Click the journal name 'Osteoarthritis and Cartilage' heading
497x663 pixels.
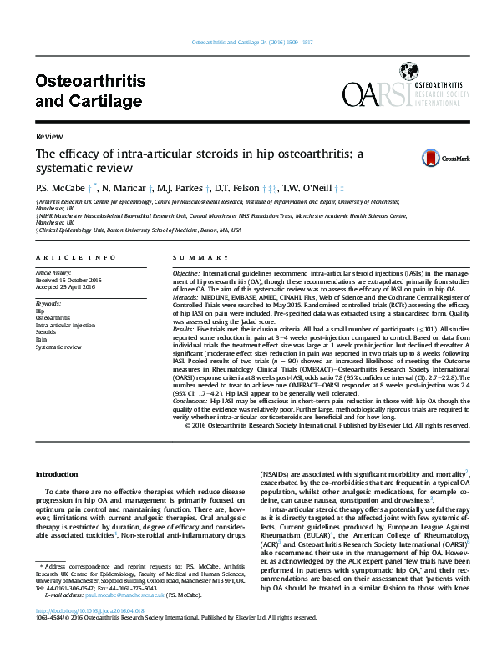[90, 91]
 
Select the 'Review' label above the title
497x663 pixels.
[47, 135]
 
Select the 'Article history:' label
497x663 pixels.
[54, 273]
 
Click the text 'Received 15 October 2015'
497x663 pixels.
[68, 281]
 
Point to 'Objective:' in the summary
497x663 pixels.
[186, 274]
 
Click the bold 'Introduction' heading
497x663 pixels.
[57, 475]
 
